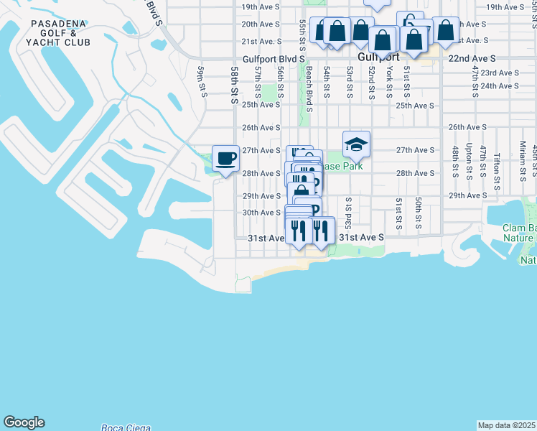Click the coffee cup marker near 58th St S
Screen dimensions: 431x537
click(x=226, y=159)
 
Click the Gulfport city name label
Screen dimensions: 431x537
click(x=378, y=57)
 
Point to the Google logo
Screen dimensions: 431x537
click(x=24, y=422)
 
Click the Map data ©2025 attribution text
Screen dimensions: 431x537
click(x=506, y=425)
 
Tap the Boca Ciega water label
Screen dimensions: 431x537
click(x=126, y=427)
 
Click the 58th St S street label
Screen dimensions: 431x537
click(x=234, y=85)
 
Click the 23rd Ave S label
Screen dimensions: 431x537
click(x=499, y=73)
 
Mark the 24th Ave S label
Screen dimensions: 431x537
click(x=499, y=85)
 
